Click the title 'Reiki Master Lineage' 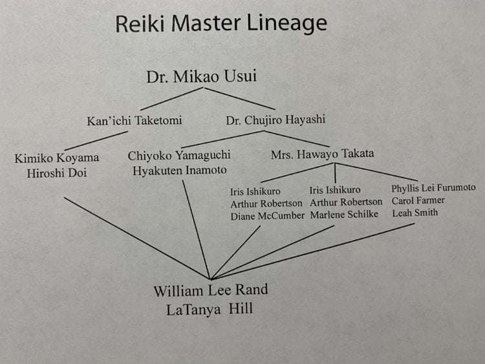coord(221,24)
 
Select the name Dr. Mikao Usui coord(201,76)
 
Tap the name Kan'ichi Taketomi coord(134,120)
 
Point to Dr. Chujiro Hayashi coord(275,120)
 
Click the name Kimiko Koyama coord(58,158)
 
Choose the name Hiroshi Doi coord(57,173)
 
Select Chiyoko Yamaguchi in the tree coord(179,155)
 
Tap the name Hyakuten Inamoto coord(179,171)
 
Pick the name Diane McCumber coord(267,217)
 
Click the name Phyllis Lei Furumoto coord(433,188)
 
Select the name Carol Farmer coord(418,200)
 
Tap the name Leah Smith coord(415,213)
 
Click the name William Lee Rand coord(210,290)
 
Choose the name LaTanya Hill coord(209,309)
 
